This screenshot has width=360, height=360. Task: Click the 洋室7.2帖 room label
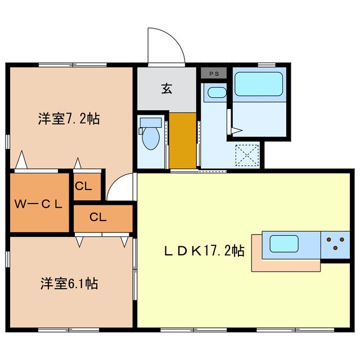coord(69,119)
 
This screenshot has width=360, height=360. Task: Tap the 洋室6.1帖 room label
coord(69,283)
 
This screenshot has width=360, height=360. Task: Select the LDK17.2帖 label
coord(204,250)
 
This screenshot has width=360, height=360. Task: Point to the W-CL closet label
coord(38,204)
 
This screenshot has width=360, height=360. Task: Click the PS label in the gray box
coord(214,74)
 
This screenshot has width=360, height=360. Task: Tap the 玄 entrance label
coord(166,89)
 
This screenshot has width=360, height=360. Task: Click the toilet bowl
coord(151,138)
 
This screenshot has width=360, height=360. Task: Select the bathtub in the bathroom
coord(259,84)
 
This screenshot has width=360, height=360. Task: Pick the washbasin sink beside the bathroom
coord(217,92)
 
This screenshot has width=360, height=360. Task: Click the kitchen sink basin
coord(284,244)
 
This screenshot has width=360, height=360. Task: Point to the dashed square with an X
coord(247,155)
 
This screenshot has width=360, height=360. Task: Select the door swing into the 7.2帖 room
coord(118,184)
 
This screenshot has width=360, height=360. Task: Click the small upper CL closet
coord(87,186)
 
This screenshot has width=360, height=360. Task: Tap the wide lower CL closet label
coord(98,217)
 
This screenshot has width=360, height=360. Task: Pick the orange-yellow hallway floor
coord(183,140)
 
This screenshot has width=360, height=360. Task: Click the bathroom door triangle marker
coord(237,130)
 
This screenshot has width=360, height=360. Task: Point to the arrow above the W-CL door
coord(21,159)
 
